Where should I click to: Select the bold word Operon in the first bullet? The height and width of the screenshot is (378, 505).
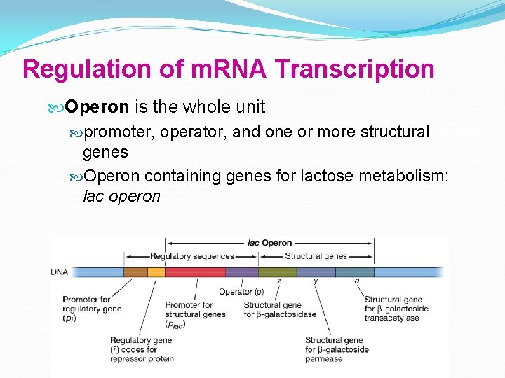tap(97, 107)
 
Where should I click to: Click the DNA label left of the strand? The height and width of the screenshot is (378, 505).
tap(60, 272)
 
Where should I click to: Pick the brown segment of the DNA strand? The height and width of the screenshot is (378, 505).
tap(135, 272)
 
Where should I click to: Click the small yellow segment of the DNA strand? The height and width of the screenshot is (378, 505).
tap(156, 272)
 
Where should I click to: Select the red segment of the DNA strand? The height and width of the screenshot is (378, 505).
tap(194, 272)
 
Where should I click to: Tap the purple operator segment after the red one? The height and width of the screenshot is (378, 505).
tap(241, 272)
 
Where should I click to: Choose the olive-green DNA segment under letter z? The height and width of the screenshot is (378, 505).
tap(277, 272)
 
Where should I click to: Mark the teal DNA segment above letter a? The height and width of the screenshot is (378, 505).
tap(354, 272)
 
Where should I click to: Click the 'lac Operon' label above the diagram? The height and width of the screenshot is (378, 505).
tap(269, 243)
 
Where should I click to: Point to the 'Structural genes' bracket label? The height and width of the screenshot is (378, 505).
tap(316, 256)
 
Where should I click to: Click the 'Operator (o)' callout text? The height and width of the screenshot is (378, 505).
tap(241, 292)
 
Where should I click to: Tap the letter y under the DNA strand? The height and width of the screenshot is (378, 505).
tap(316, 281)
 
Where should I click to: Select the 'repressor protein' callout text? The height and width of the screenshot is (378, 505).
tap(142, 359)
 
